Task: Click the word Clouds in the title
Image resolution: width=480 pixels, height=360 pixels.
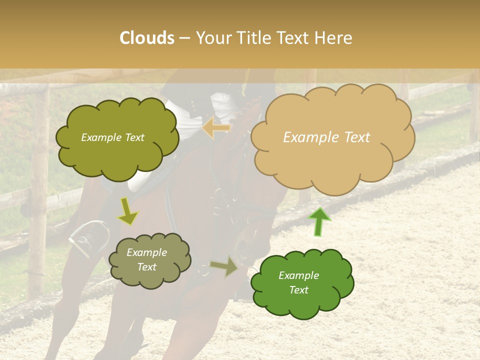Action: tap(147, 38)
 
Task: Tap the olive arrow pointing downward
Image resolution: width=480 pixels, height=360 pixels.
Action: tap(128, 212)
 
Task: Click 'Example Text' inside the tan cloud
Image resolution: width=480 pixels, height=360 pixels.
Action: tap(326, 137)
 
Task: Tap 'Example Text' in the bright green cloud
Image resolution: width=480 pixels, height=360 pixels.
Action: tap(298, 282)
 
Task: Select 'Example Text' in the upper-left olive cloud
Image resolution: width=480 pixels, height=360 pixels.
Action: tap(112, 137)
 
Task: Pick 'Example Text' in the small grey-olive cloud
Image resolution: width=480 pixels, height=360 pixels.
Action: tap(146, 259)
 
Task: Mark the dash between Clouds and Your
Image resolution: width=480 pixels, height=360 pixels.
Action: tap(184, 38)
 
